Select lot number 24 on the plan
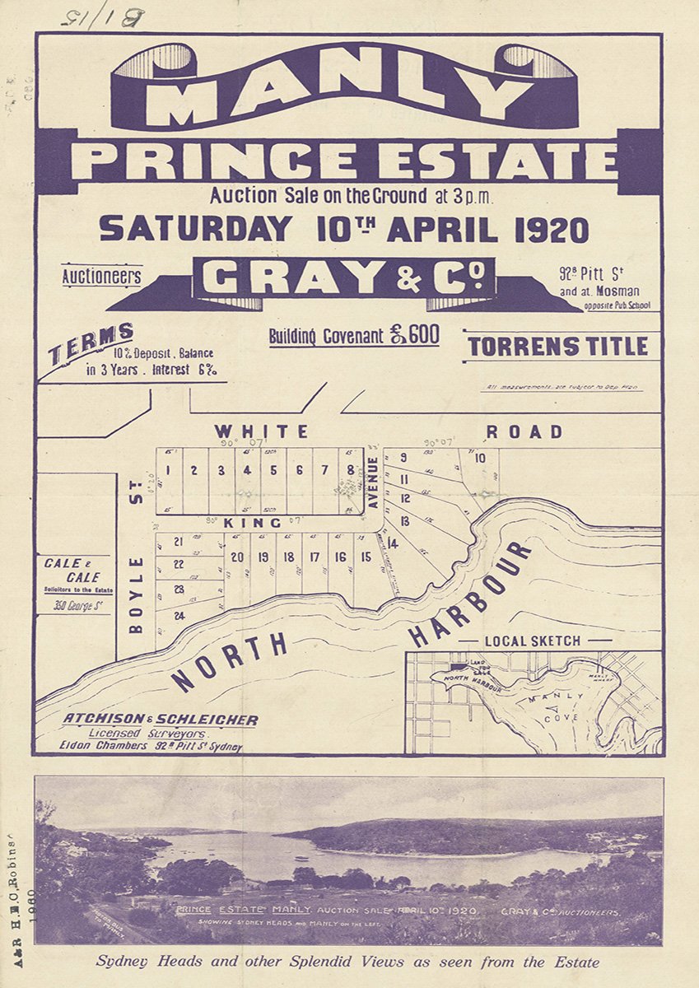[178, 616]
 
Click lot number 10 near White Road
[480, 459]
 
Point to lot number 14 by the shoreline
[392, 543]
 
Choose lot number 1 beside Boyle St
[168, 470]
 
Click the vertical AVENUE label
[372, 483]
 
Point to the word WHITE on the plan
[261, 431]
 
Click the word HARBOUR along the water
[471, 592]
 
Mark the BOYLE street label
[137, 595]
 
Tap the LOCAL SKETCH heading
[533, 641]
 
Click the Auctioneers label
[101, 276]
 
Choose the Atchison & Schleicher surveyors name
[161, 720]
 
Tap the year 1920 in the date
[552, 230]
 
